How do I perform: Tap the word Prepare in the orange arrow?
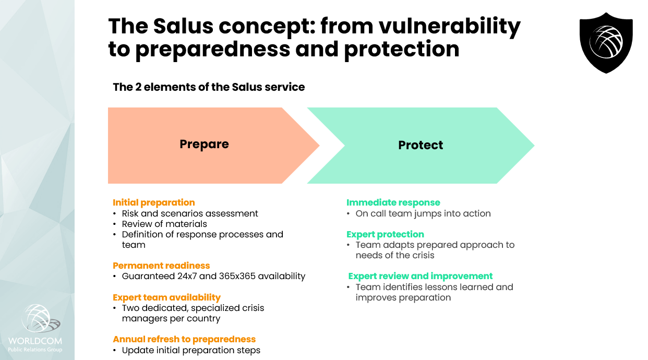click(204, 144)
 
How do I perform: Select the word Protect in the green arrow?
click(421, 145)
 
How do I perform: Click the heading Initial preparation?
click(153, 202)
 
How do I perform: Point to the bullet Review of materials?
click(164, 224)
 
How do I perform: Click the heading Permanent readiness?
click(161, 266)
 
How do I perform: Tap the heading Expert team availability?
click(166, 297)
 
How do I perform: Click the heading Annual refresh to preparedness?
click(184, 339)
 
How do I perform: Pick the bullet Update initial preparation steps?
click(191, 350)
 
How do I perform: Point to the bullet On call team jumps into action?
click(423, 213)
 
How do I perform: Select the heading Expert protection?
click(385, 234)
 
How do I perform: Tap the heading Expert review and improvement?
click(420, 276)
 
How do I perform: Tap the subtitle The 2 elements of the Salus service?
click(209, 87)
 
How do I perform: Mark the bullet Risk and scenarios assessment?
click(190, 213)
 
